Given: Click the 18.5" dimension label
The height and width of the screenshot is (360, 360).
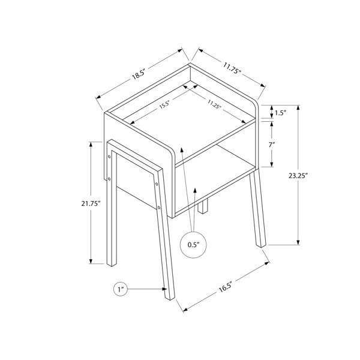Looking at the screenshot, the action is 138,74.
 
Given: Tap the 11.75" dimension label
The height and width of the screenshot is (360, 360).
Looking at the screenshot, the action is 232,68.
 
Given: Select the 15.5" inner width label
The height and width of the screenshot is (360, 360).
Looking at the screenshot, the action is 164,104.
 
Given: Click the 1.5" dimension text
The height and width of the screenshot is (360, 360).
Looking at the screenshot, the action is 281,113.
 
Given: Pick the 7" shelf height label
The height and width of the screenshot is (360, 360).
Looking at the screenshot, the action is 272,145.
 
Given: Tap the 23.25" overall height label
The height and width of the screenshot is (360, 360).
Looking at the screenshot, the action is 298,176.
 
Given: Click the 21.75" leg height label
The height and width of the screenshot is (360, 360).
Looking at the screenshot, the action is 91,203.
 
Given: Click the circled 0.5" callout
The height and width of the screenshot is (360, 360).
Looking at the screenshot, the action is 193,245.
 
